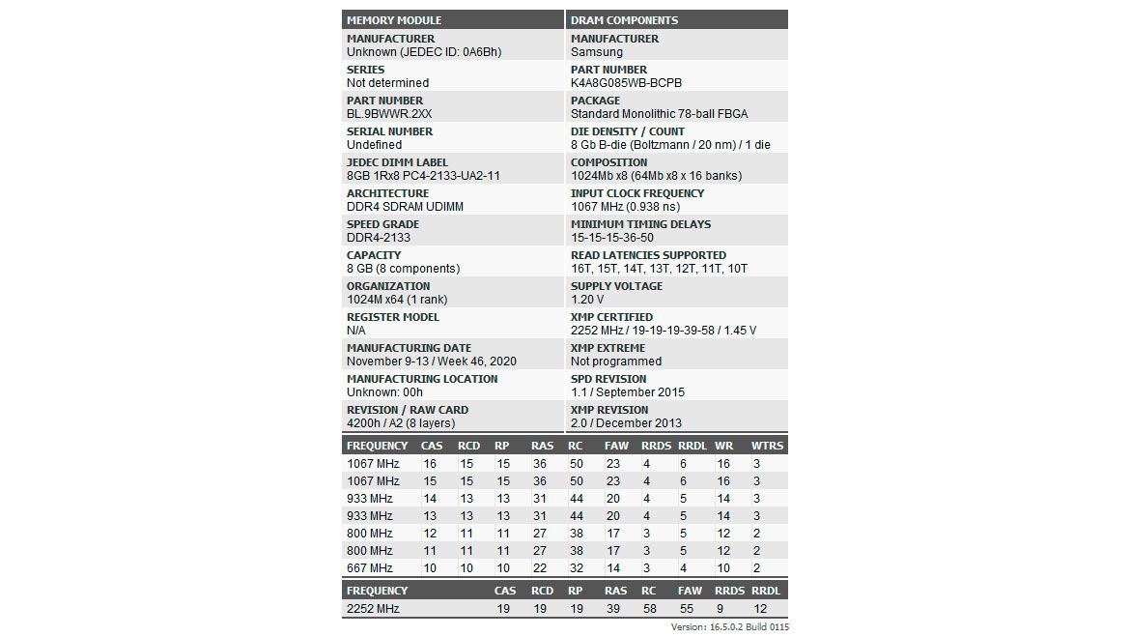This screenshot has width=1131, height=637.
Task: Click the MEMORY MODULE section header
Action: coord(394,20)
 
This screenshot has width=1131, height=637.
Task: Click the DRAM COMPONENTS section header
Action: coord(624,20)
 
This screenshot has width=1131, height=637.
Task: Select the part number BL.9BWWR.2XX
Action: coord(389,114)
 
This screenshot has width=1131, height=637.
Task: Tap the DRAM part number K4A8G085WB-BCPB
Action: coord(626,83)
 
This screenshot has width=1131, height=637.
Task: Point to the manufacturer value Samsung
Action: coord(597,52)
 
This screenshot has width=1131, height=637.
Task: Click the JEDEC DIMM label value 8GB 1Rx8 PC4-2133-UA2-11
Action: coord(423,176)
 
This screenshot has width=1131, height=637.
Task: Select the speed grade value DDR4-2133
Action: coord(379,238)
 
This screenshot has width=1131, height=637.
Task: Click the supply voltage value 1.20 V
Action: coord(588,300)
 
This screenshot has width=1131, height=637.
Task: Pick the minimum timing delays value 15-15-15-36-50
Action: coord(612,238)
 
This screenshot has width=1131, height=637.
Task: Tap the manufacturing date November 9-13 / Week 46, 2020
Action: coord(432,362)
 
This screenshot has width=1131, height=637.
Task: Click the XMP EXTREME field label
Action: coord(608,348)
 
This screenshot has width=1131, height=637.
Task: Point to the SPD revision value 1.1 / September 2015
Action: coord(628,392)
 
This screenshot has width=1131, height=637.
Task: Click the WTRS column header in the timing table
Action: coord(768,446)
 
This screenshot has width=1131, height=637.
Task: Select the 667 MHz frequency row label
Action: coord(370,568)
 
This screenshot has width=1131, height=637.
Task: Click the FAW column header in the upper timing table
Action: coord(616,446)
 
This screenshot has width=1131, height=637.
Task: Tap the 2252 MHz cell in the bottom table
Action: coord(373,609)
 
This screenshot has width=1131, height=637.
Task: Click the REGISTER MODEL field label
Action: coord(393,317)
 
